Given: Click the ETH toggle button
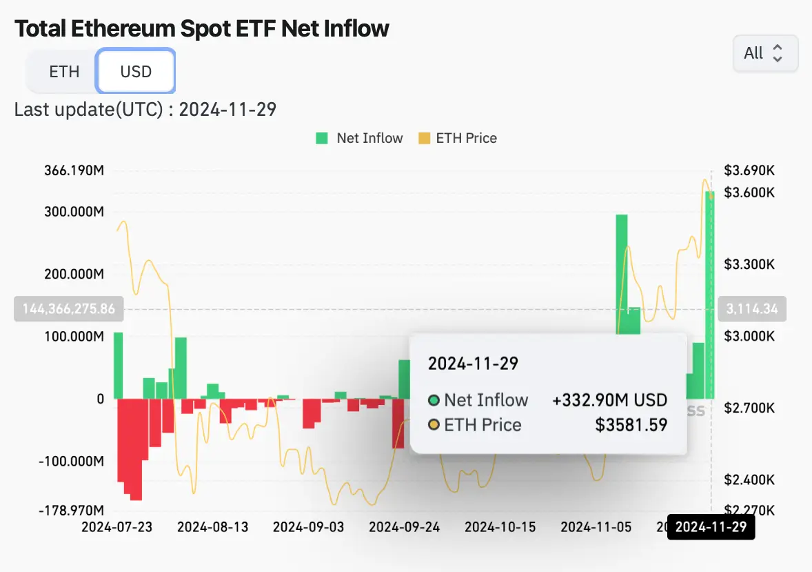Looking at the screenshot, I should coord(64,72).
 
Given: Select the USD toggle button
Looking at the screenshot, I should coord(136,72).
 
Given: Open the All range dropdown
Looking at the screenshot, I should coord(764,53).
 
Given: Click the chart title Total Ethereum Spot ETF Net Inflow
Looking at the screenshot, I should coord(202,28).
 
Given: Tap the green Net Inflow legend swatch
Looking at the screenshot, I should coord(322,138).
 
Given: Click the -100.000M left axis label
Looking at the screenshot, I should coord(72,461).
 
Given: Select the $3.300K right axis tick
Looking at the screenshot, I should coord(750,264).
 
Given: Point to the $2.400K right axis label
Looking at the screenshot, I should coord(750,480).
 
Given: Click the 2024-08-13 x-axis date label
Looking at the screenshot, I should coord(212,527).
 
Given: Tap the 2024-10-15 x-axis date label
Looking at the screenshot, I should coord(500,527).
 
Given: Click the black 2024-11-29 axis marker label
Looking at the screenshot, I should coord(711,528).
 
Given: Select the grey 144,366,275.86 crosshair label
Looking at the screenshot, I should coord(69,309).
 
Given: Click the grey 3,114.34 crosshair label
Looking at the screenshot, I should coord(752,309).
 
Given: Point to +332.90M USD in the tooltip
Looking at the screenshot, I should coord(609,400).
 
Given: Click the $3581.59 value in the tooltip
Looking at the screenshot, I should coord(631,424).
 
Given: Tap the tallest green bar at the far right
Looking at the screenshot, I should coord(709,297).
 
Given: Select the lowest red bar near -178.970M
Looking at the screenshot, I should coord(136,448).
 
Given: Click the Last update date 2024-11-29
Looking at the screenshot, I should coord(227,109).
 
